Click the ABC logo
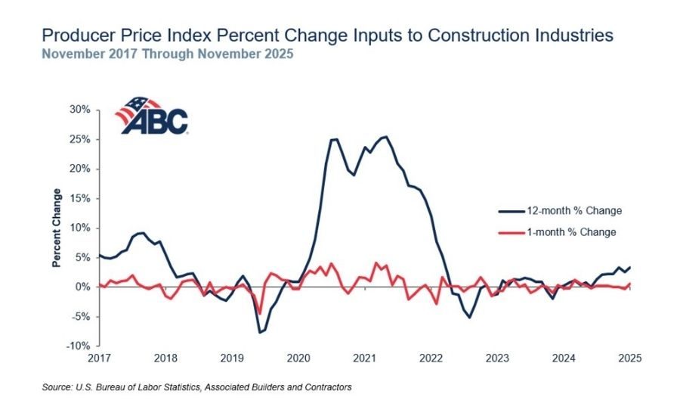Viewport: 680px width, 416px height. (x=151, y=116)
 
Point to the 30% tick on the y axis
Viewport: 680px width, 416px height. (x=80, y=109)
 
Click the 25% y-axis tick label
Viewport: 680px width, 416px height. (x=80, y=139)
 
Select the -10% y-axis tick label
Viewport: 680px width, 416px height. (x=79, y=346)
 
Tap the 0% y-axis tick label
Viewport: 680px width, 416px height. (x=84, y=287)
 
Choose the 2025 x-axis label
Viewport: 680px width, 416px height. (x=629, y=358)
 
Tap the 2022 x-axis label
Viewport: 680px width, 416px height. (x=431, y=358)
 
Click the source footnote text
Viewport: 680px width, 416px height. (x=196, y=387)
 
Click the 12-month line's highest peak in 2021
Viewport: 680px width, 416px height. (x=386, y=137)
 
